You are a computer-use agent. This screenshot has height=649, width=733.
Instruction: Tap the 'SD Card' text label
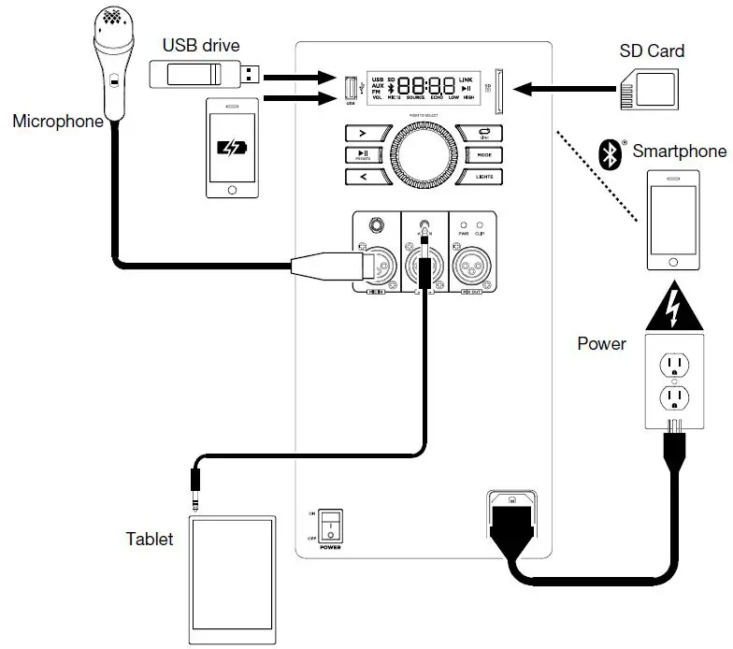tap(653, 50)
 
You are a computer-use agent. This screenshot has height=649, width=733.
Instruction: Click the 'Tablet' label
tap(150, 540)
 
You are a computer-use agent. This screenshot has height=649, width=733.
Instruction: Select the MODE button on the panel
tap(483, 154)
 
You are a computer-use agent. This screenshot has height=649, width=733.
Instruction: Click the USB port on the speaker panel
tap(352, 90)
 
